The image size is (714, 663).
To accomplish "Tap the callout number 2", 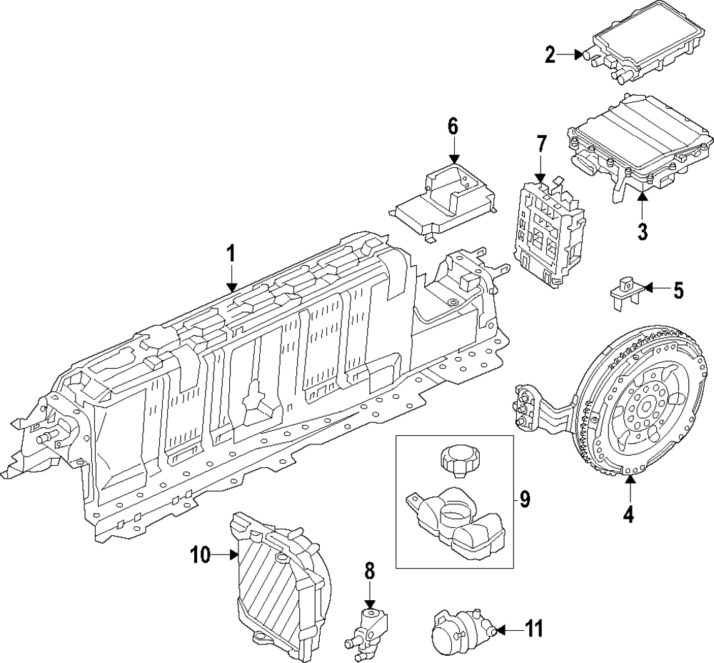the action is coord(550,55).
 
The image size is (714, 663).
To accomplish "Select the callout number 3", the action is coord(642,231).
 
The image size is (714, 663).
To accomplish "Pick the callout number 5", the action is coord(678,290).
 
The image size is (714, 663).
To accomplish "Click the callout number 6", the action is coord(453,127).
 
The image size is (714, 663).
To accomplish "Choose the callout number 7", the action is coord(540,144).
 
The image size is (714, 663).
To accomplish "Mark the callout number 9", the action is coord(525,500).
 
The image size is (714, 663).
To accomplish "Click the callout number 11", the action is coord(533,629).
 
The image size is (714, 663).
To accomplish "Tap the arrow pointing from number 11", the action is coord(509,630).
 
